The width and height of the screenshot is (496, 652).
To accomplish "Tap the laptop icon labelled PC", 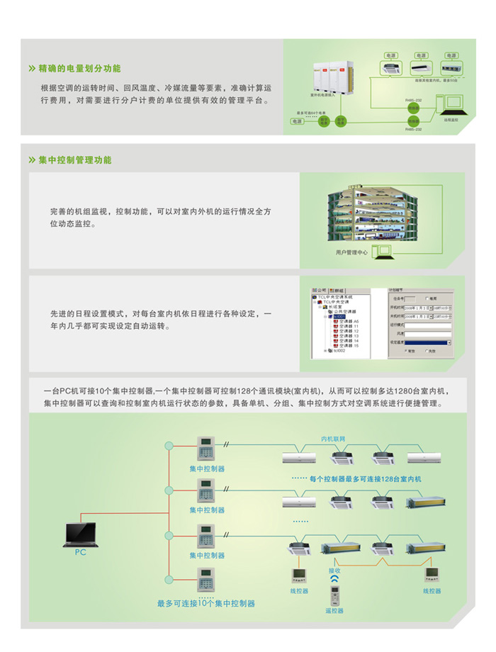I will coord(79,532).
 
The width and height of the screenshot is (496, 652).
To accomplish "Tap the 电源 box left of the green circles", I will coord(295,122).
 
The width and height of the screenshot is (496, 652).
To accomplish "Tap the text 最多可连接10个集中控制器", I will coord(206,604).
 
